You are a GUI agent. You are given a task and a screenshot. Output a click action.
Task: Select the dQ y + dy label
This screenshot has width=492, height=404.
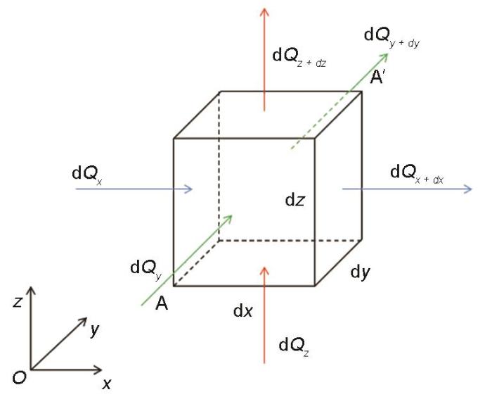coord(391,37)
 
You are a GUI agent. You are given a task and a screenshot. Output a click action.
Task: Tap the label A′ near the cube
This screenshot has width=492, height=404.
coord(377,77)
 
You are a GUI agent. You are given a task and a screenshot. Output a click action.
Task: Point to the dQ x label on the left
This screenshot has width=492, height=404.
coord(87,175)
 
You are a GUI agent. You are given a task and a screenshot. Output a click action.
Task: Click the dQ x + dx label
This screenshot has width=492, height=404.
coord(417,174)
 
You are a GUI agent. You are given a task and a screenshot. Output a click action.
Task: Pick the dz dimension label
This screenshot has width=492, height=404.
coord(294,199)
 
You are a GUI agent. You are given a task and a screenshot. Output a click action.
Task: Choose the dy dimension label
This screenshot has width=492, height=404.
coord(360,272)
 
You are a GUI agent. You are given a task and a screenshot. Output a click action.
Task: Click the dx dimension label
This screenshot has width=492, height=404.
coord(243,310)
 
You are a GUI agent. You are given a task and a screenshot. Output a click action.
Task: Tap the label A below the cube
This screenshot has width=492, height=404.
coord(162,303)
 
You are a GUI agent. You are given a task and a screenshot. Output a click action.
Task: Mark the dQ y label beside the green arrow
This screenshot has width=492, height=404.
coord(146,270)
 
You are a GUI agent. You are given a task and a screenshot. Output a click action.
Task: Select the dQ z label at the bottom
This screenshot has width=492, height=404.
coord(294,347)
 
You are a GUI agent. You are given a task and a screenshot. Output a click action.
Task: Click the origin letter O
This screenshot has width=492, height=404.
coord(19,378)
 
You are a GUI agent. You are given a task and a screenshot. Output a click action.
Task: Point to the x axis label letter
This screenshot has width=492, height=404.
coord(107,384)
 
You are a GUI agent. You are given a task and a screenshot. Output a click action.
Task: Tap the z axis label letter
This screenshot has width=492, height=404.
coord(18,302)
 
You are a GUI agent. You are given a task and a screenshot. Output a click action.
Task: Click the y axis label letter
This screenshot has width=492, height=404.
coord(94,330)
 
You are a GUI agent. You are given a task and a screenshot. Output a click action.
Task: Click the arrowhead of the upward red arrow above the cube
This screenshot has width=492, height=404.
coord(264,12)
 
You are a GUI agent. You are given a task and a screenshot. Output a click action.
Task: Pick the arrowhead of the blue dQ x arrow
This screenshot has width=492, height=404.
coord(188,189)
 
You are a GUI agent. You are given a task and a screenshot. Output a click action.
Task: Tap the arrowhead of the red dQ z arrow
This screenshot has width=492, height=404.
coord(264,272)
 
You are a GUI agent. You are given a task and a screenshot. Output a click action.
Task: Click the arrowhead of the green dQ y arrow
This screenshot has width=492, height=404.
coord(228,219)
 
